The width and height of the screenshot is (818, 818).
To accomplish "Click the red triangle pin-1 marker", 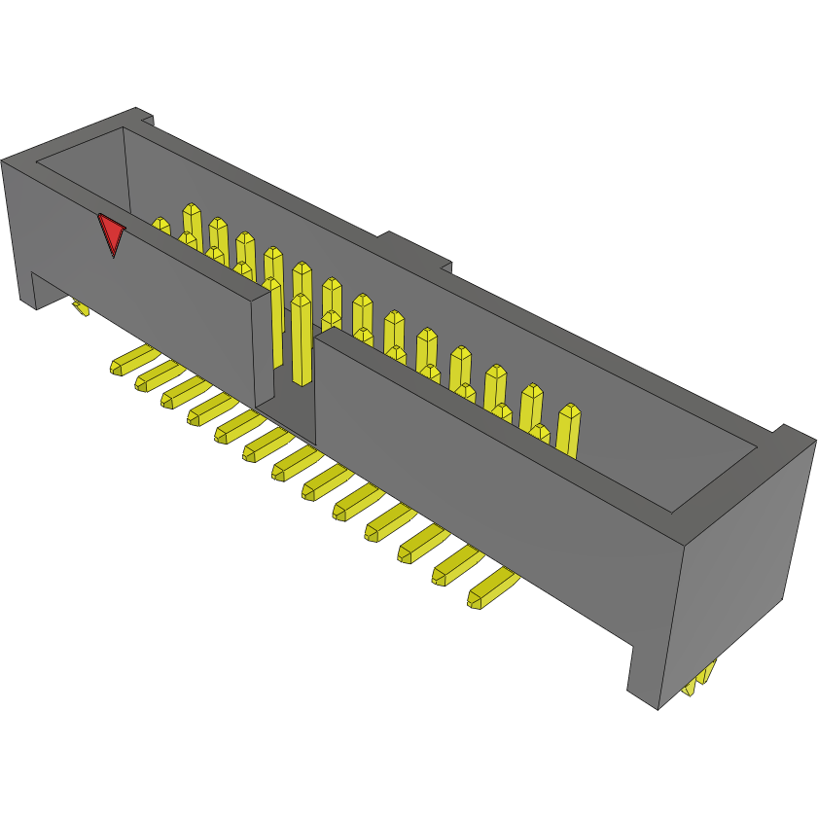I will point(112,233).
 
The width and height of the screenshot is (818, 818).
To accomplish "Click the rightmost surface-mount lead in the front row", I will point(492,588).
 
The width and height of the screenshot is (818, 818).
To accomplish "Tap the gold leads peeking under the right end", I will point(699,677).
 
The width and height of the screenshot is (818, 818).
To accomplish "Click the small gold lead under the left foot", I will point(82,308).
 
